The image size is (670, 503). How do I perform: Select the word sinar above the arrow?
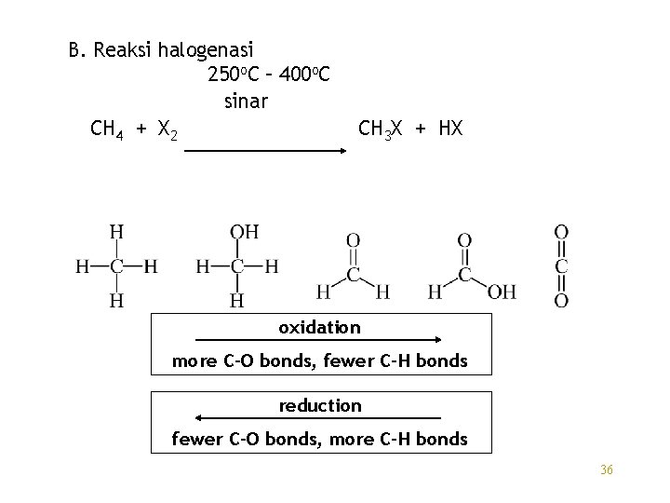click(245, 100)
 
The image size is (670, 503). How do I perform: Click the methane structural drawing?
click(116, 266)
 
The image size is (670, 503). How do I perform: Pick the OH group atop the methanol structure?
click(246, 232)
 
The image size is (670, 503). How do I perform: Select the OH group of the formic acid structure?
click(502, 292)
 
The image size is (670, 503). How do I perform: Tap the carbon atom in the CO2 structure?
click(562, 265)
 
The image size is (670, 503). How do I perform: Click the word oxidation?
click(319, 327)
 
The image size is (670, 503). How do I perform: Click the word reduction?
click(320, 405)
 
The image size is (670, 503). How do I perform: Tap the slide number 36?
click(607, 469)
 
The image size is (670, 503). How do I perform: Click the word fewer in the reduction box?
click(197, 439)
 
